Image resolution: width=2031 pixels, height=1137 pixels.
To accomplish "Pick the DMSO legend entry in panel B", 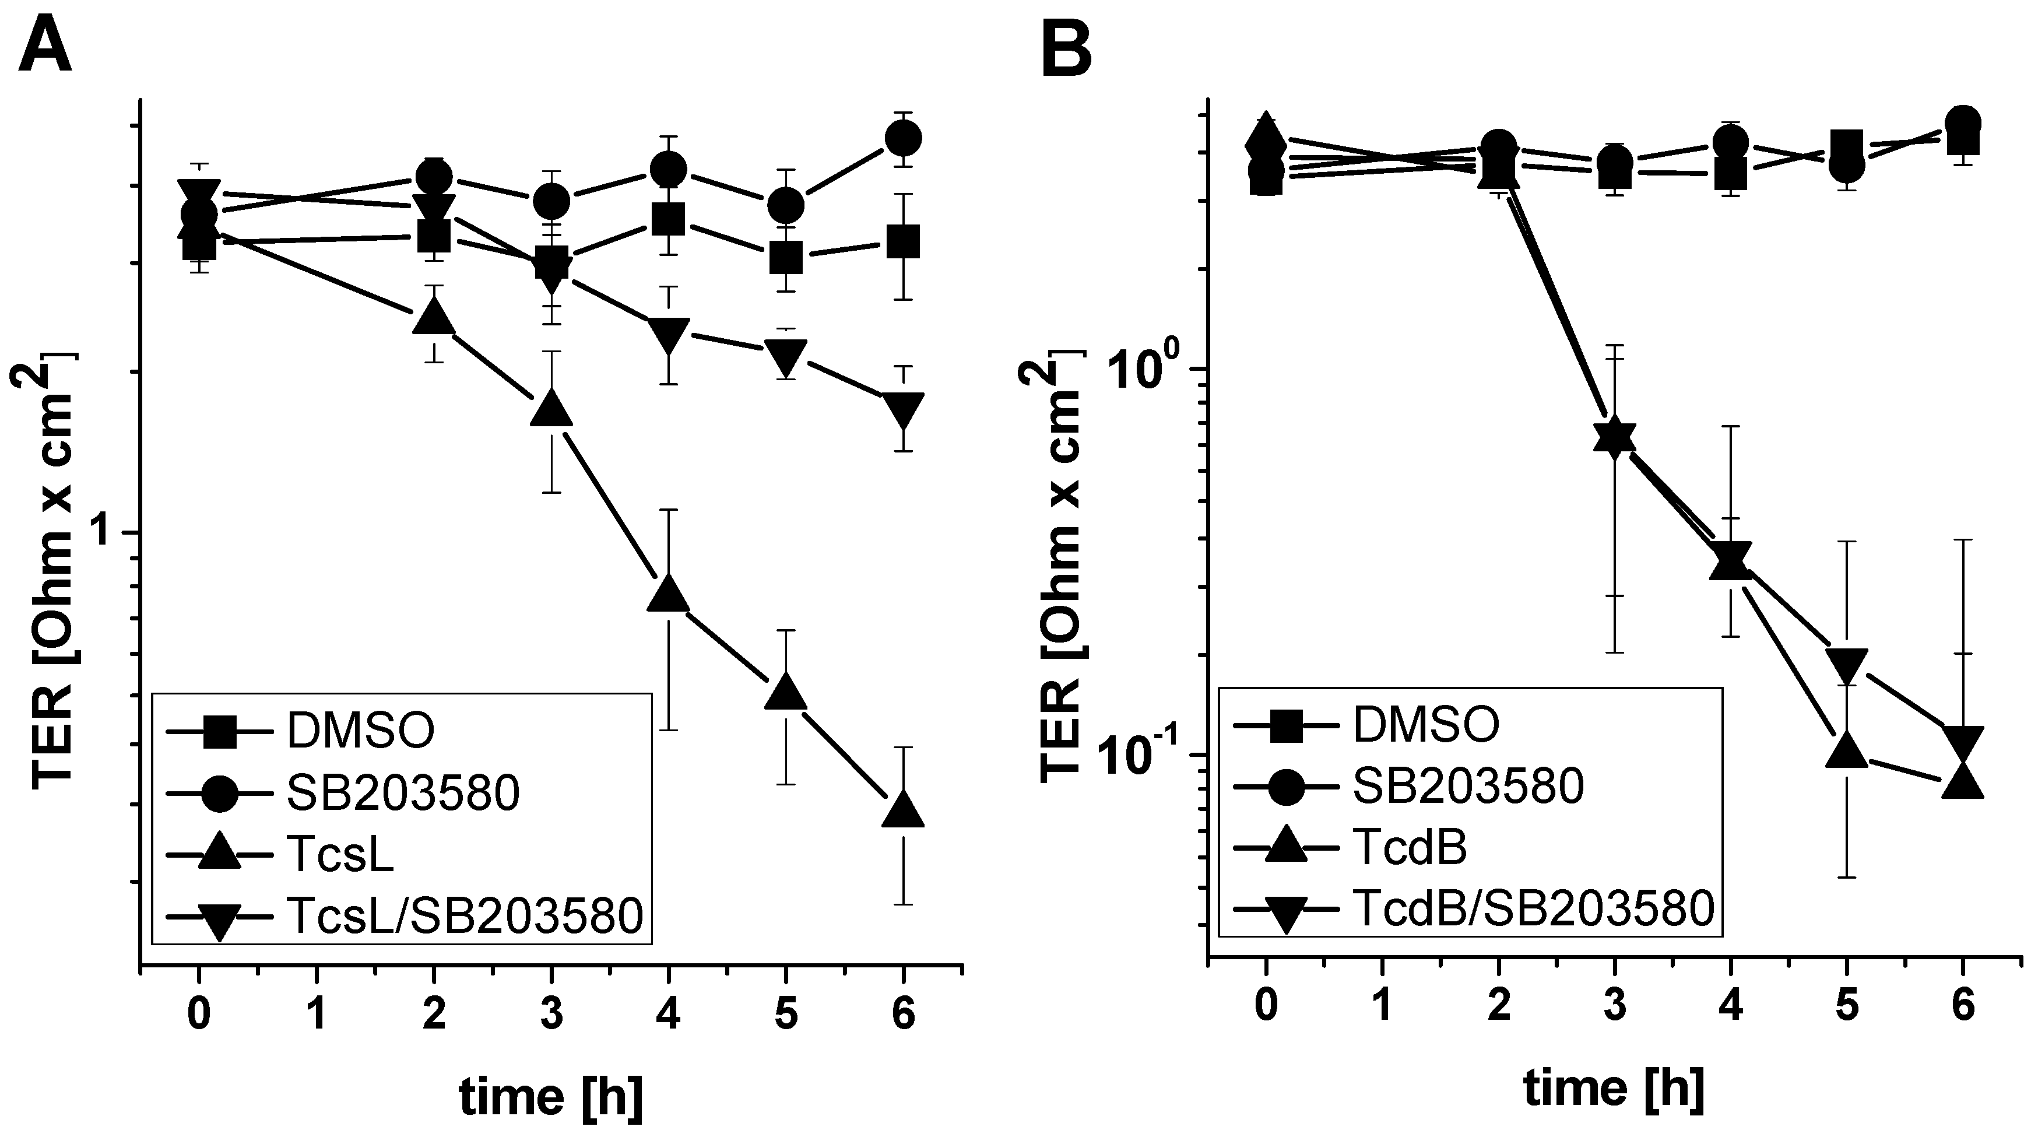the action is [1425, 725].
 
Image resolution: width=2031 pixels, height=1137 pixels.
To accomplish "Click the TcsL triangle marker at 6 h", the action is [903, 809].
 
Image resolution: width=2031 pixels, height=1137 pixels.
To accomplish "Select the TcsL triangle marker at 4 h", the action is [669, 593].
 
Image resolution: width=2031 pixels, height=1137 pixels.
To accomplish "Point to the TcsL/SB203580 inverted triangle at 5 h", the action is [785, 357].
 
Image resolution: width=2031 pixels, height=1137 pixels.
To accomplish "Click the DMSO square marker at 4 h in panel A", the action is [669, 222].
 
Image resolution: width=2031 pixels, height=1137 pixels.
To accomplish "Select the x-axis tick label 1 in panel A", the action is [317, 1013].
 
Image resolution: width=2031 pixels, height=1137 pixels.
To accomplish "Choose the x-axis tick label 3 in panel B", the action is [1615, 1007].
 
